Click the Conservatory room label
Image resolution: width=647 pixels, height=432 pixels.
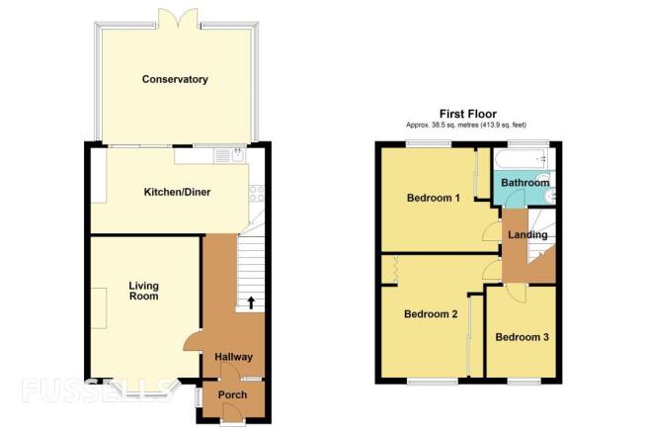click(175, 79)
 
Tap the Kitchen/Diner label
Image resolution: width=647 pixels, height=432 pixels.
click(177, 192)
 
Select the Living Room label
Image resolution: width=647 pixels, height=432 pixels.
click(143, 291)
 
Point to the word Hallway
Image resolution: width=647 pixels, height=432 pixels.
click(233, 357)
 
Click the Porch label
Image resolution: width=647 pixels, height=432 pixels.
click(232, 394)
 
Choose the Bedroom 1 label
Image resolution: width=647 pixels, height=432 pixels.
click(434, 198)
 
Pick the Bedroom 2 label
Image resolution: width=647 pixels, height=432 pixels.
click(431, 314)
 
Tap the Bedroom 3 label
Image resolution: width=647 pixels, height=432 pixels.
click(522, 337)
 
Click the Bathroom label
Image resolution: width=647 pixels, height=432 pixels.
click(526, 183)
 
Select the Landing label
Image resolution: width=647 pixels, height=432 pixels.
click(527, 235)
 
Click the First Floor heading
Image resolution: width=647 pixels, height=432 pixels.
click(468, 114)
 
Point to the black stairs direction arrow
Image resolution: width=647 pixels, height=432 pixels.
click(251, 302)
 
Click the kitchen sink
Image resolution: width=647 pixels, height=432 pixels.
click(238, 156)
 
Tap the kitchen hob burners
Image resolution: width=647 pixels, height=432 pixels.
click(257, 194)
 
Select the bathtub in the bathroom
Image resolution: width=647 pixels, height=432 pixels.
click(522, 159)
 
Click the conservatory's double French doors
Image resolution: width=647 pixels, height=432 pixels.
click(178, 19)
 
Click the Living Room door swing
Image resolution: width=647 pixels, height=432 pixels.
click(192, 342)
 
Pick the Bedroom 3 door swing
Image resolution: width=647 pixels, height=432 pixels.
click(516, 294)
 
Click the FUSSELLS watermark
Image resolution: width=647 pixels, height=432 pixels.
click(96, 390)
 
